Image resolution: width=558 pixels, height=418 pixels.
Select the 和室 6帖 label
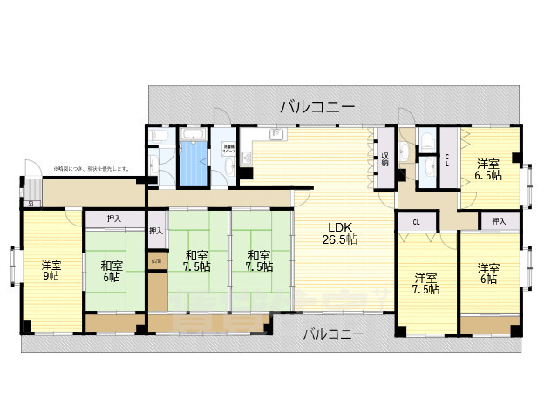click(x=111, y=271)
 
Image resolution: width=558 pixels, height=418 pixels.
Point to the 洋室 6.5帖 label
click(x=488, y=169)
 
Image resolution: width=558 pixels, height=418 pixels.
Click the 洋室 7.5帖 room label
click(x=426, y=285)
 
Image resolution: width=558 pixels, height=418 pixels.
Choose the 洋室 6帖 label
click(x=487, y=273)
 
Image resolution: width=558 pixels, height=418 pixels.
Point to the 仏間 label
click(x=156, y=261)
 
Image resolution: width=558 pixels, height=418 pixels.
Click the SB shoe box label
click(x=31, y=204)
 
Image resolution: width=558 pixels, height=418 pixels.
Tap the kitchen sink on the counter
click(x=277, y=134)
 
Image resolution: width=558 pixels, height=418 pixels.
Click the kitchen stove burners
click(x=244, y=158)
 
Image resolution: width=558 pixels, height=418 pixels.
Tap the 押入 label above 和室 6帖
click(x=114, y=219)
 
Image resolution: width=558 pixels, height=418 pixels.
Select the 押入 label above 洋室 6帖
click(x=498, y=221)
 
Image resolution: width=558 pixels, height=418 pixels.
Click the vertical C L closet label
click(x=447, y=159)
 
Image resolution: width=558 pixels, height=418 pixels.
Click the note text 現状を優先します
click(x=104, y=168)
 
